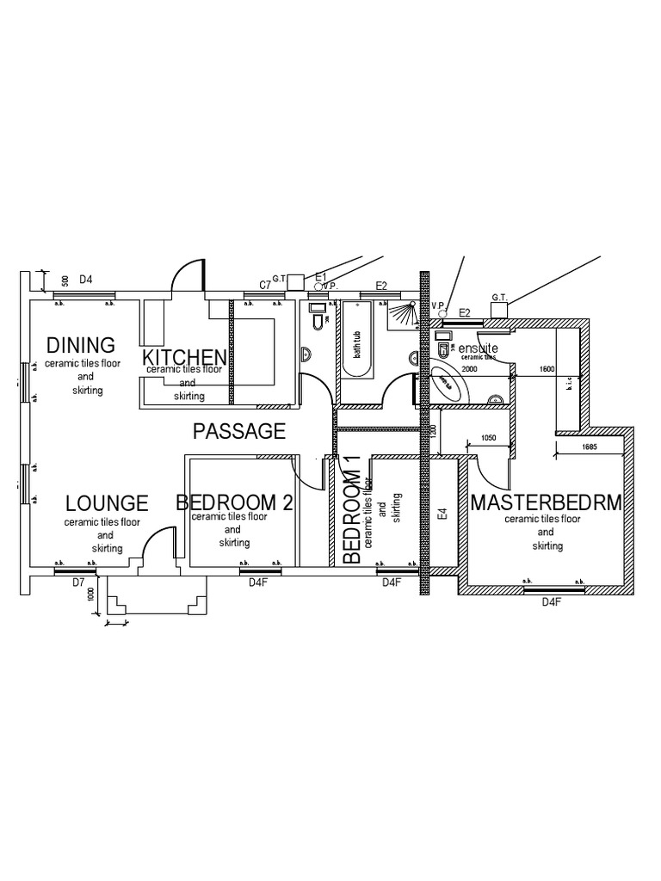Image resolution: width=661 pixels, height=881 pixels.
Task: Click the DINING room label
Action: tap(81, 345)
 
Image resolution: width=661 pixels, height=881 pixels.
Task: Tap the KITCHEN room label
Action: tap(184, 357)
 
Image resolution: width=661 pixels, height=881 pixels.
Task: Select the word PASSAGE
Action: tap(239, 431)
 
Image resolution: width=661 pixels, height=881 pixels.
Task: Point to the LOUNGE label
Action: tap(107, 502)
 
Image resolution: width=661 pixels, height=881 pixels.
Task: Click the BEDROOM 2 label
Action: tap(234, 502)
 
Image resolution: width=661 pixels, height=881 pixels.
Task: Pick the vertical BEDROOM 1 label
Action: tap(351, 509)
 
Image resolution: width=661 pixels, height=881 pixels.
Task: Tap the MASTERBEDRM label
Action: tap(546, 502)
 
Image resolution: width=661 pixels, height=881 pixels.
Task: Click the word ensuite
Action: tap(478, 347)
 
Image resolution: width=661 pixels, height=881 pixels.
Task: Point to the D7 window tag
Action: tap(78, 582)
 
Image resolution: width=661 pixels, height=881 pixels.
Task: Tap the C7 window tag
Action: tap(266, 285)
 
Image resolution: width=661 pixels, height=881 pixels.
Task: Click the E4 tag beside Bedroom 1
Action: tap(443, 514)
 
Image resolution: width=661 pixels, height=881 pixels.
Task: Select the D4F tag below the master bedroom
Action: tap(551, 602)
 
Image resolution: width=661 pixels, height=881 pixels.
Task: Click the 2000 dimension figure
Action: tap(468, 368)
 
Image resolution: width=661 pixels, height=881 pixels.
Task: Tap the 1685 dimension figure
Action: tap(590, 447)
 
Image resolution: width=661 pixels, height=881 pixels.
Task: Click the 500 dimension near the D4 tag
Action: tap(65, 280)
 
